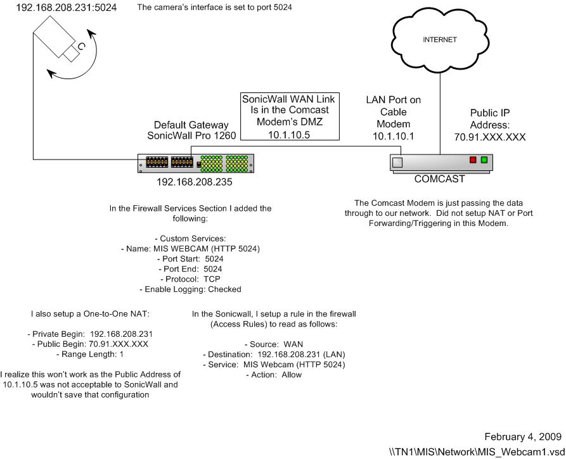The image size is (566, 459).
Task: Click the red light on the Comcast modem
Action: point(472,160)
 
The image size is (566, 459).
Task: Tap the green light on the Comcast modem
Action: point(484,160)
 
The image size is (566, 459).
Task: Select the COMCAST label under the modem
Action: point(440,179)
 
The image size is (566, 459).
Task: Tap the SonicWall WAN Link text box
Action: point(289,116)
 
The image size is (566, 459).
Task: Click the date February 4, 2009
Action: point(523,437)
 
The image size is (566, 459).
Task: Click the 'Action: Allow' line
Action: point(274,375)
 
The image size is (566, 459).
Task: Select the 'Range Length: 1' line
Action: point(87,355)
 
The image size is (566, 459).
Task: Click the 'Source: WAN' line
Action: point(274,344)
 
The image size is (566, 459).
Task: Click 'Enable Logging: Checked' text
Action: point(190,289)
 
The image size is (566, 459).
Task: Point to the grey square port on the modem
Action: point(397,162)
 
